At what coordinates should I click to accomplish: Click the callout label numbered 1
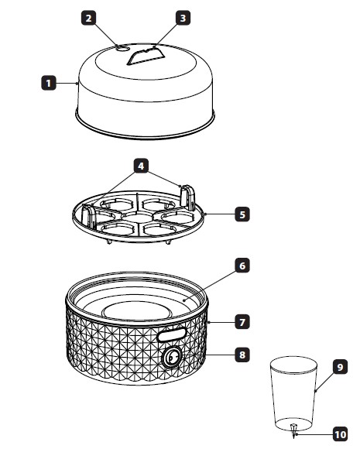click(49, 83)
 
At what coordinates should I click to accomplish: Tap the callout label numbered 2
click(89, 18)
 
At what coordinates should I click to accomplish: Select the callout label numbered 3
click(183, 18)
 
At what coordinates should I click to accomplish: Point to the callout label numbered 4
click(141, 166)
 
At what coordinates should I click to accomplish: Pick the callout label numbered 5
click(242, 214)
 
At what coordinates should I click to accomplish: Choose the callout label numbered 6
click(242, 266)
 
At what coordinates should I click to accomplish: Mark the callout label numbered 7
click(242, 322)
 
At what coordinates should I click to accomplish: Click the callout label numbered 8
click(242, 355)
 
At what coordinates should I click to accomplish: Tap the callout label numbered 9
click(340, 367)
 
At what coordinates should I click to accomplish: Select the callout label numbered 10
click(340, 434)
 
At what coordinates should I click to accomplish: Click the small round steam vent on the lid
click(122, 49)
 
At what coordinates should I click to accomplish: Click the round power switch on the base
click(172, 357)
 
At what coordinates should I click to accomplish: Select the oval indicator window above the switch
click(172, 334)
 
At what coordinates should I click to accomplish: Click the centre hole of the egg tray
click(137, 218)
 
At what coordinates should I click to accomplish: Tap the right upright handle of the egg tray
click(188, 197)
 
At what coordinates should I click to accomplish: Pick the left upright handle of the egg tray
click(88, 217)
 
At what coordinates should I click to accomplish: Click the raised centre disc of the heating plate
click(136, 310)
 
